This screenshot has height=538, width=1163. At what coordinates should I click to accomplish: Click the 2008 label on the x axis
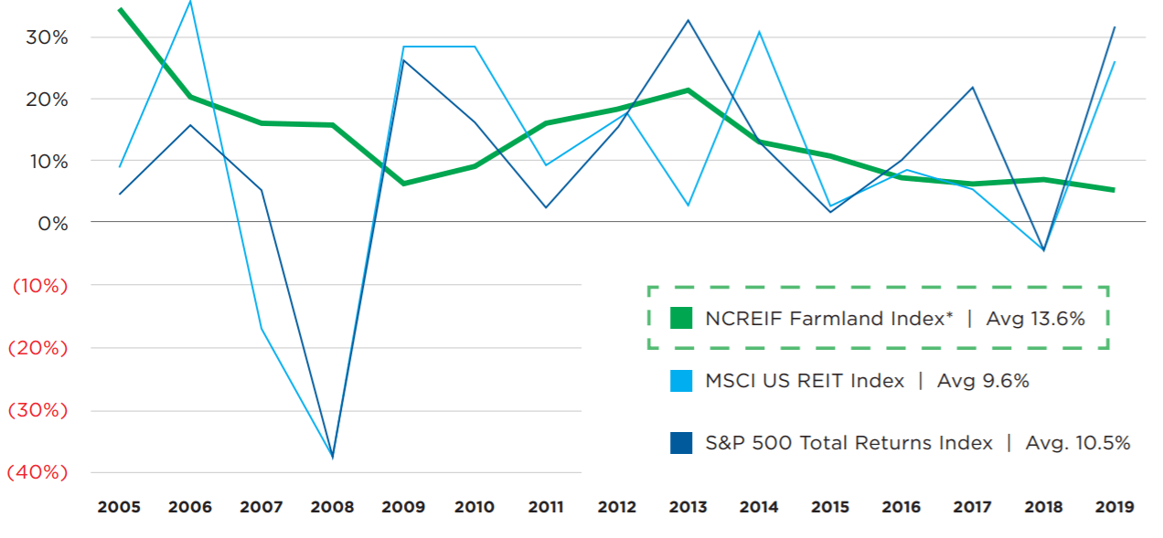point(332,507)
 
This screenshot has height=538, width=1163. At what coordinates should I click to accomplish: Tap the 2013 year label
point(688,507)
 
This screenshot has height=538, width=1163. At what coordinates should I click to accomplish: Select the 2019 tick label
point(1115,507)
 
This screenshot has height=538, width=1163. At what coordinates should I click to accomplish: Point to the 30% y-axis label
point(47,37)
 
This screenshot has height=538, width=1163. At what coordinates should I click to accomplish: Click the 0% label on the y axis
point(53,224)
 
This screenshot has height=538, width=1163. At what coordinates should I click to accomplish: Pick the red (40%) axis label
point(37,472)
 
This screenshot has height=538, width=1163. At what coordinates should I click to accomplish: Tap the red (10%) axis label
point(40,285)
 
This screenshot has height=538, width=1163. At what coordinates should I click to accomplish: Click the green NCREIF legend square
point(681,318)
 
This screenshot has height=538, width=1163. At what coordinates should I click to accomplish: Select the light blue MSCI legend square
point(681,381)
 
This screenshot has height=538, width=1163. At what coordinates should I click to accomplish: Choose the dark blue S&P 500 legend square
point(681,443)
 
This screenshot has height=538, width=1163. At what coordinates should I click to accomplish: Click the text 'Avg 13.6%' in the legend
point(1035,319)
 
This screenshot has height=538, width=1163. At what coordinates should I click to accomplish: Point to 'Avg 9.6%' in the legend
point(983,381)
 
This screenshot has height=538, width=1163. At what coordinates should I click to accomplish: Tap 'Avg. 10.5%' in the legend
point(1078,443)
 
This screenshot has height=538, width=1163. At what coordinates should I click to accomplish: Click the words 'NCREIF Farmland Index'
point(825,319)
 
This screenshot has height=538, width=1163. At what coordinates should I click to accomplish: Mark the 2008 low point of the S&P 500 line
point(332,458)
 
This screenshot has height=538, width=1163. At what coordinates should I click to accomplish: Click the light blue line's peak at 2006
point(190,2)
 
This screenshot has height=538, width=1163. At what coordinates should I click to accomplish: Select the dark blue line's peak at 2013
point(688,20)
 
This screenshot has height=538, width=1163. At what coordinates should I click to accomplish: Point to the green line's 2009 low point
point(403,184)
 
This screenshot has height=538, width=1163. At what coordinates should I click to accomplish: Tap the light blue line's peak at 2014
point(759,32)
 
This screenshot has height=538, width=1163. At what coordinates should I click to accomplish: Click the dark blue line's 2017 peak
point(973,87)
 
